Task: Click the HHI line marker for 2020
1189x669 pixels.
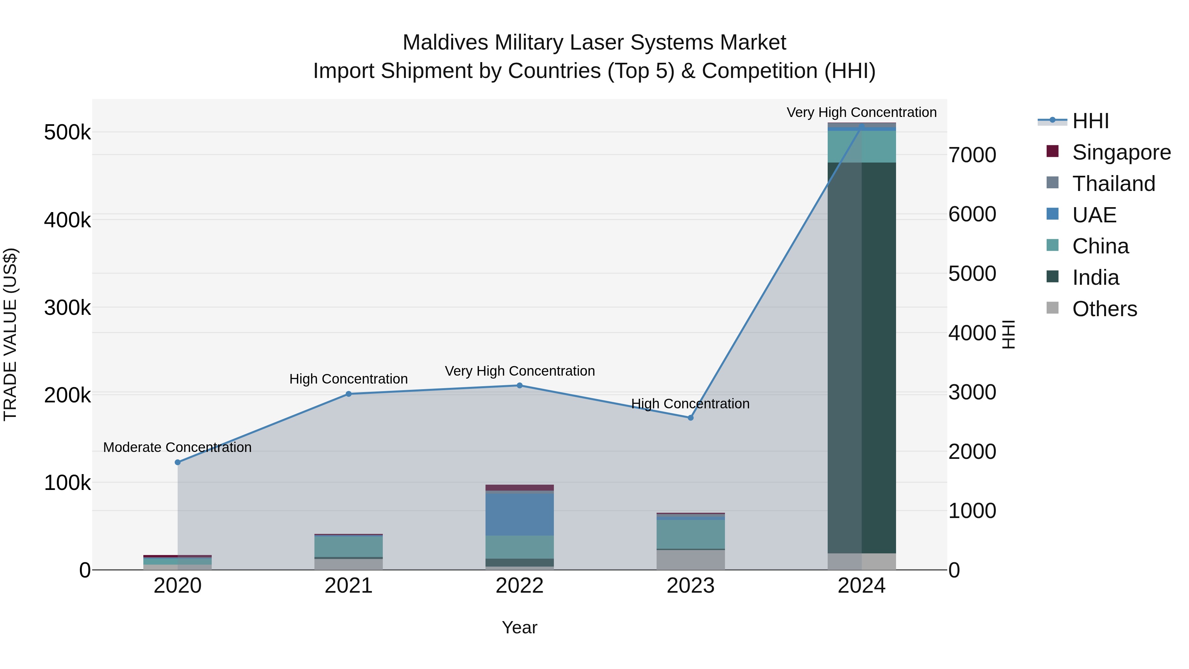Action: [x=178, y=462]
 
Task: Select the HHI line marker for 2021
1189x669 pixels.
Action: [x=348, y=394]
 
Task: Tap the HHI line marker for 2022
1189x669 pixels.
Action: [x=519, y=386]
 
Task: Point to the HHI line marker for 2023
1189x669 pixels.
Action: [x=691, y=418]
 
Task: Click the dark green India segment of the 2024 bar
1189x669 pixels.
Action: [x=861, y=358]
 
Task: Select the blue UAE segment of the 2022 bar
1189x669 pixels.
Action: [x=519, y=514]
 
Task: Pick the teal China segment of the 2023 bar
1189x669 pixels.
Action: [x=691, y=534]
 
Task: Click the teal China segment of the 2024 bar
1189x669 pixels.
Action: [x=861, y=146]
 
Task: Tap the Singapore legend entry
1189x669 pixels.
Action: [x=1121, y=152]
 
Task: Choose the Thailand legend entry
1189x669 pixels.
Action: [x=1113, y=184]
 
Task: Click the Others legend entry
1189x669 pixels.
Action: [x=1104, y=309]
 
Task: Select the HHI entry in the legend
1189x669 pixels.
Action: [x=1090, y=121]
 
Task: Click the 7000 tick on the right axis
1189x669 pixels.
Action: [x=972, y=155]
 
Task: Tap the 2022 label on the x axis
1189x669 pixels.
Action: [x=519, y=586]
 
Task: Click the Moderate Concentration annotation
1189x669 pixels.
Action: [x=177, y=447]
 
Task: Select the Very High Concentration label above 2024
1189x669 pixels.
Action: [x=861, y=112]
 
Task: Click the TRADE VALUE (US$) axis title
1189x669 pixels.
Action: [x=10, y=334]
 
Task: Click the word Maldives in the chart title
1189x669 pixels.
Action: [x=445, y=43]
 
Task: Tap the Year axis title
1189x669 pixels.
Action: [x=519, y=627]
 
